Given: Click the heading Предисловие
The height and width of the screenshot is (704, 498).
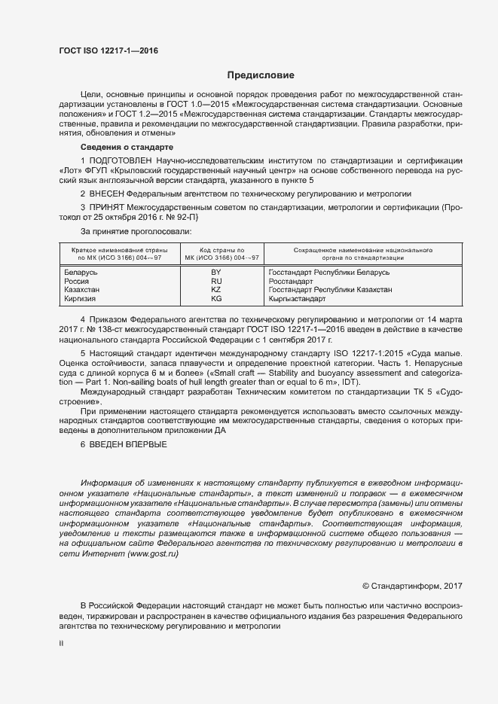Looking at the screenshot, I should pyautogui.click(x=261, y=75).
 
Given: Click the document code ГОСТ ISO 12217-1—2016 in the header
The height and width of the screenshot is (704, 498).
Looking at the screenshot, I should pyautogui.click(x=108, y=51).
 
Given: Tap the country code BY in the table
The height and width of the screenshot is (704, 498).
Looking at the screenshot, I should pyautogui.click(x=215, y=271).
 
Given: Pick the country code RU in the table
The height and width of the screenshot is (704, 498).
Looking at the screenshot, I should pyautogui.click(x=215, y=280).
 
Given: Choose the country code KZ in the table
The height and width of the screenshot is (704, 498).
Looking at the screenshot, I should pyautogui.click(x=215, y=289).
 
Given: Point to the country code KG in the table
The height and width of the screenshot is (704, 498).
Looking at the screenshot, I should pyautogui.click(x=215, y=298).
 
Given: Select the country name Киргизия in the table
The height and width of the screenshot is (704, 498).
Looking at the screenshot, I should pyautogui.click(x=83, y=298).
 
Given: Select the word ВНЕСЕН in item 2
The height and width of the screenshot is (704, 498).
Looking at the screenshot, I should pyautogui.click(x=110, y=194).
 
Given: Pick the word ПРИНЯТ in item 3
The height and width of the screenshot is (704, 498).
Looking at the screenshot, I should pyautogui.click(x=110, y=207).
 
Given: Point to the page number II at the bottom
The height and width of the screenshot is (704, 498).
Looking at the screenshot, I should pyautogui.click(x=62, y=644).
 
